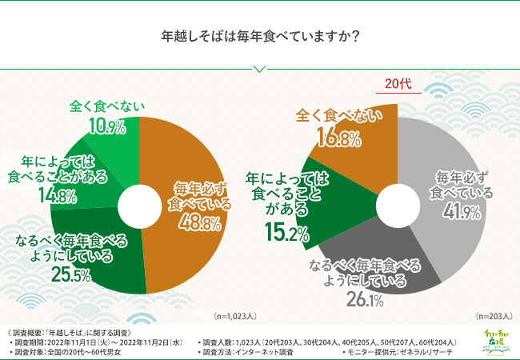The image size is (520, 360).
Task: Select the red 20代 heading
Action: [398, 84]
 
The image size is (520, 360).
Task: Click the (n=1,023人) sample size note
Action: [235, 317]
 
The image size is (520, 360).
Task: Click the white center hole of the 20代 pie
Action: [398, 197]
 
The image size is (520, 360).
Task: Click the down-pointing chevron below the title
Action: [259, 68]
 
